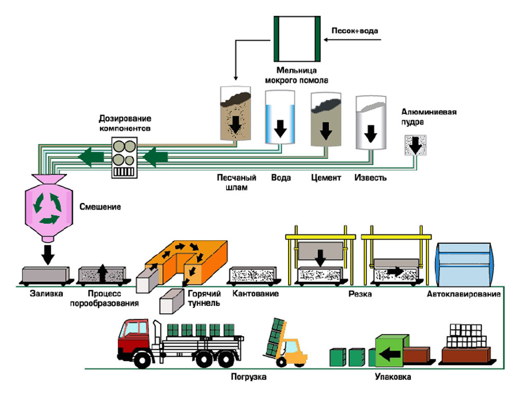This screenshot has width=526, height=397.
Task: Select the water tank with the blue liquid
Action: point(280,117)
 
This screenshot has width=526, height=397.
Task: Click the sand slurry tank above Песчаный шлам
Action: point(236,114)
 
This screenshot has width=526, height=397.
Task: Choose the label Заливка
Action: point(46,294)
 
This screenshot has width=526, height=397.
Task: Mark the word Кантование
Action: point(255,294)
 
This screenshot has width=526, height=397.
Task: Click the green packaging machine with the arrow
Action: point(391,351)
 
